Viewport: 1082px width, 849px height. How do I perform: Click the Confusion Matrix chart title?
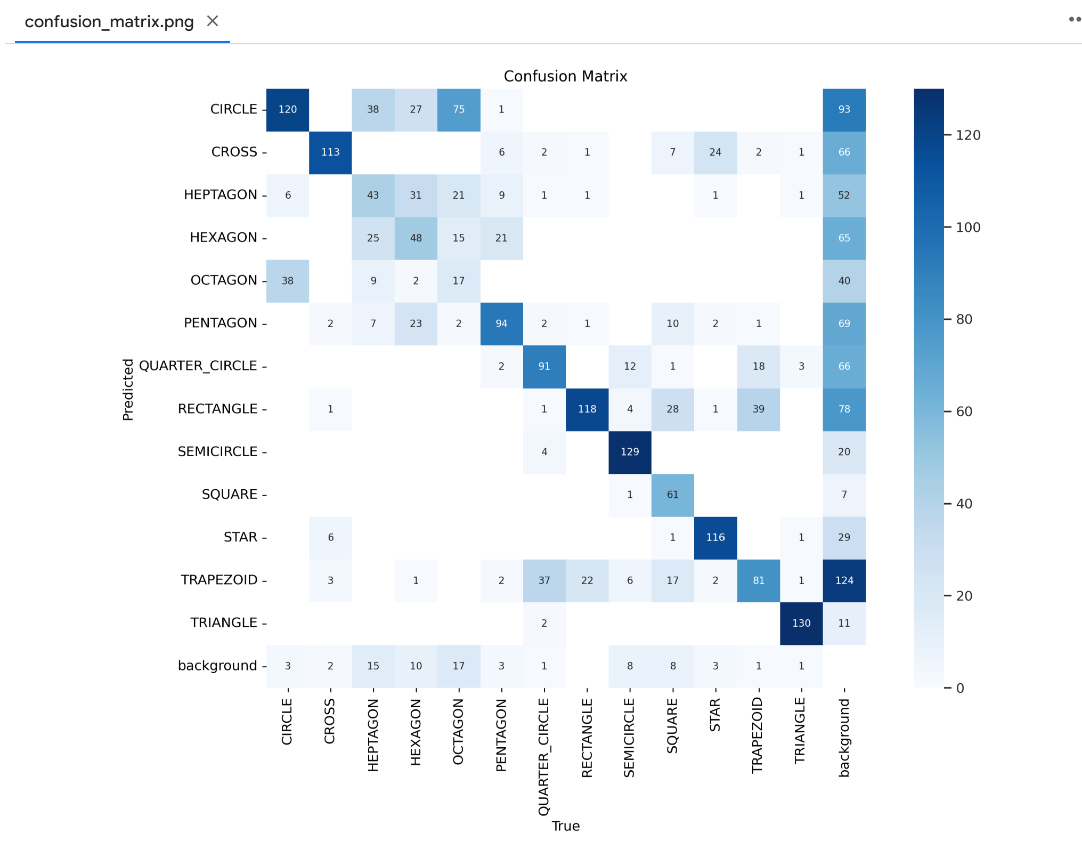(565, 76)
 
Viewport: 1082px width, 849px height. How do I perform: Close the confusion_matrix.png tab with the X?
(213, 21)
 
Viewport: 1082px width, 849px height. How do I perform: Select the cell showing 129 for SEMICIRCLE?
(630, 452)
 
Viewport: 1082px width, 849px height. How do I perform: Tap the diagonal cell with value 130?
(801, 623)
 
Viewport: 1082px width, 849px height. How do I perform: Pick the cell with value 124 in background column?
(844, 580)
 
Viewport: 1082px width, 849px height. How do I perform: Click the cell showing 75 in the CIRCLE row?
(459, 109)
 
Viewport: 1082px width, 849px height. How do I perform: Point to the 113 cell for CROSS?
(330, 152)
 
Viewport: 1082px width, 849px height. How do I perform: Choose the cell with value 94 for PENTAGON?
(501, 324)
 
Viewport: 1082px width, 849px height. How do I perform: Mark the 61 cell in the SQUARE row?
(673, 495)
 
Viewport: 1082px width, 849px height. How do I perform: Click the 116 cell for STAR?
(715, 537)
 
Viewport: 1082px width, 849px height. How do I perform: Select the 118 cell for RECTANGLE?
(587, 409)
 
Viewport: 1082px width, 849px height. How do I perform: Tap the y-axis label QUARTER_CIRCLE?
(198, 366)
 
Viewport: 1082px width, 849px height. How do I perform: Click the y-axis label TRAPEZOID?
(219, 580)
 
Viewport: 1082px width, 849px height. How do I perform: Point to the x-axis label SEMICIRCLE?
(629, 738)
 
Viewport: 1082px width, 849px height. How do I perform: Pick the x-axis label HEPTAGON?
(373, 735)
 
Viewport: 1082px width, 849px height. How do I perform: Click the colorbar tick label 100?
(968, 228)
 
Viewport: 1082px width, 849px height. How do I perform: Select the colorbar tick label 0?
(960, 688)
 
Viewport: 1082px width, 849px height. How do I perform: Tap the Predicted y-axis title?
(128, 390)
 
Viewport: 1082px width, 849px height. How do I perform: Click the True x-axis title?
(565, 826)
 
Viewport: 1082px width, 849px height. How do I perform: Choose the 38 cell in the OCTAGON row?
(288, 281)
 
